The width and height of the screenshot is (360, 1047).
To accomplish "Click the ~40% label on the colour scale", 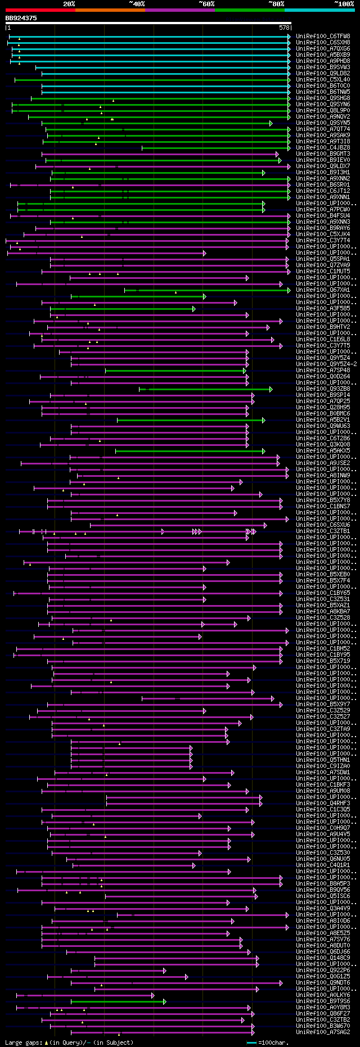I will (137, 4).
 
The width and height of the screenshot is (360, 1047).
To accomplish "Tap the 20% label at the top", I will (69, 4).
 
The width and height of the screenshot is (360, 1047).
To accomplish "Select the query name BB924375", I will (21, 18).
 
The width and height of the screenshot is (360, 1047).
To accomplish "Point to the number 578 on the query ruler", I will (284, 28).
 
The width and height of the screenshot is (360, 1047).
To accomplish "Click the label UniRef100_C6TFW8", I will (323, 37).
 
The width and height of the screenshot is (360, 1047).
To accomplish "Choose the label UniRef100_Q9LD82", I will (323, 74).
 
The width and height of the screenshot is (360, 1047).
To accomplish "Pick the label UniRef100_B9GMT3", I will (323, 154).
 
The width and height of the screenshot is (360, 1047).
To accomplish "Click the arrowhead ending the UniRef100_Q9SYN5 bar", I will (271, 123).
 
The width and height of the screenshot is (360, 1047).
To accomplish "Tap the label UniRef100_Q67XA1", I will (323, 290).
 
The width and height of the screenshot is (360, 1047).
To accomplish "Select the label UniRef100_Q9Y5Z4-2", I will (326, 364).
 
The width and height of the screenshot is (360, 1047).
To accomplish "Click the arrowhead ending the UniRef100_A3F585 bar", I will (193, 309).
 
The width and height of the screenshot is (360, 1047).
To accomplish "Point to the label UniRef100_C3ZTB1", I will (323, 531).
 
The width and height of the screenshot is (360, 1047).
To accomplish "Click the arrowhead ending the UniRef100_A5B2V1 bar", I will (263, 420).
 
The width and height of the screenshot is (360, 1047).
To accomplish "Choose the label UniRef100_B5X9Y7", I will (323, 705).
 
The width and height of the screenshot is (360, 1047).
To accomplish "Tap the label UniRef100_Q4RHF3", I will (323, 804).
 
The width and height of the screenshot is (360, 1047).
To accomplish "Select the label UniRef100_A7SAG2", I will (323, 1032).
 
